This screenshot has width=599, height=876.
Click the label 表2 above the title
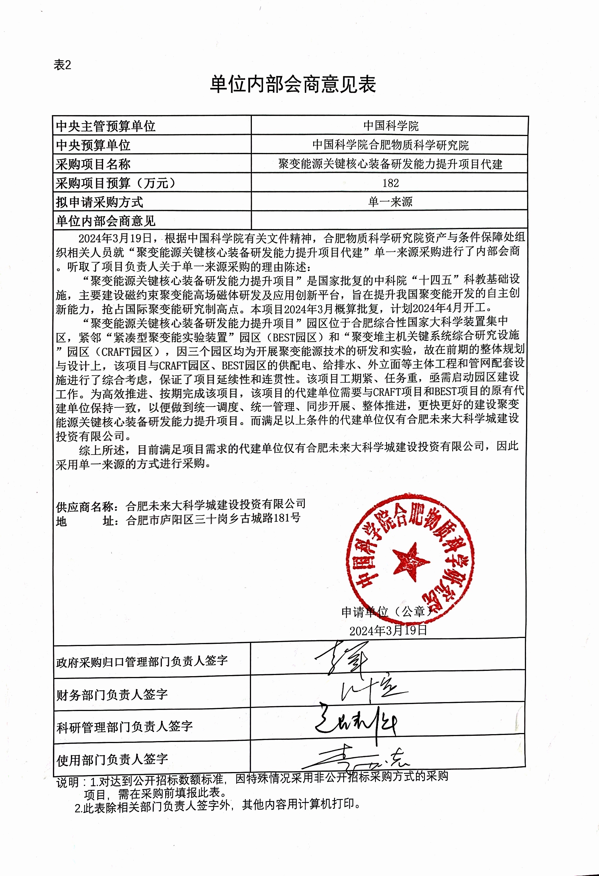coord(62,65)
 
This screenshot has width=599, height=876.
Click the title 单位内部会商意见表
coord(293,84)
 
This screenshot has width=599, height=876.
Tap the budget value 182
coord(390,183)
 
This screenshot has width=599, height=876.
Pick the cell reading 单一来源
coord(390,202)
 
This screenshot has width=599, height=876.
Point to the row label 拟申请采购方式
coord(99,202)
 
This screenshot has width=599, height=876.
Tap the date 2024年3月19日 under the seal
coord(388,631)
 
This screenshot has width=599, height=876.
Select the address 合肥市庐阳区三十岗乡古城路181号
coord(213,520)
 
